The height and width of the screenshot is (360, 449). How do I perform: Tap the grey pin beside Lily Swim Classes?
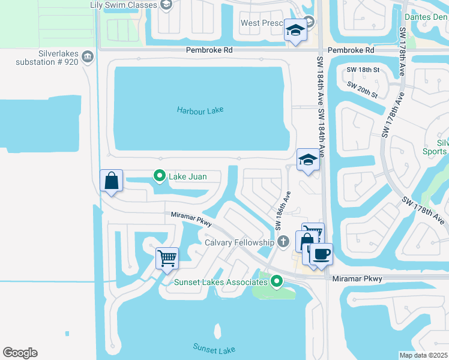point(167,5)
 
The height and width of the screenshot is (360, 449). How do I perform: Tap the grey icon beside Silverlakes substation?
point(88,57)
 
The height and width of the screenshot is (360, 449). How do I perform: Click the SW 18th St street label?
point(364,70)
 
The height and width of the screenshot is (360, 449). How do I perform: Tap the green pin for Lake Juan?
point(160,176)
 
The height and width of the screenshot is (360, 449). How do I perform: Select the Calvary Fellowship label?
point(239,242)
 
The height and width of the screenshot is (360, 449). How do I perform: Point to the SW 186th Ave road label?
point(282,211)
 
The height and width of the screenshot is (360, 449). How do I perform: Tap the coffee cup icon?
point(321,254)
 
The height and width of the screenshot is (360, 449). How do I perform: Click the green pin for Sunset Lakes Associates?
point(276,280)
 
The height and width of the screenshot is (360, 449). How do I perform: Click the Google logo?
point(20,353)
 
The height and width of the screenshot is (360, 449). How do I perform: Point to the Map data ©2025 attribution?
point(422,355)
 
